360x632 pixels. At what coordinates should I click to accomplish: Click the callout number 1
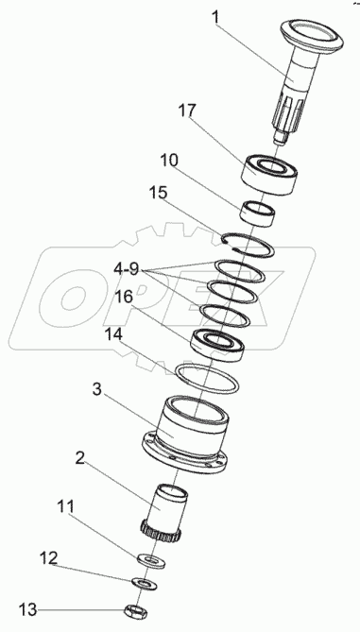(216, 18)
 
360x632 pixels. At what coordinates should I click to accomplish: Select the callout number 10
(168, 160)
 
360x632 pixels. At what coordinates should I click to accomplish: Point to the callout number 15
(158, 193)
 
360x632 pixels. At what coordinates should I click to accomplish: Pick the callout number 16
(124, 297)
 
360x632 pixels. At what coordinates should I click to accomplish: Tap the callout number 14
(113, 333)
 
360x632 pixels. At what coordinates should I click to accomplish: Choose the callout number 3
(96, 389)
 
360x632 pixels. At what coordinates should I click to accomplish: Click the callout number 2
(79, 457)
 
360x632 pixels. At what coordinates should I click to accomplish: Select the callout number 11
(65, 506)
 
